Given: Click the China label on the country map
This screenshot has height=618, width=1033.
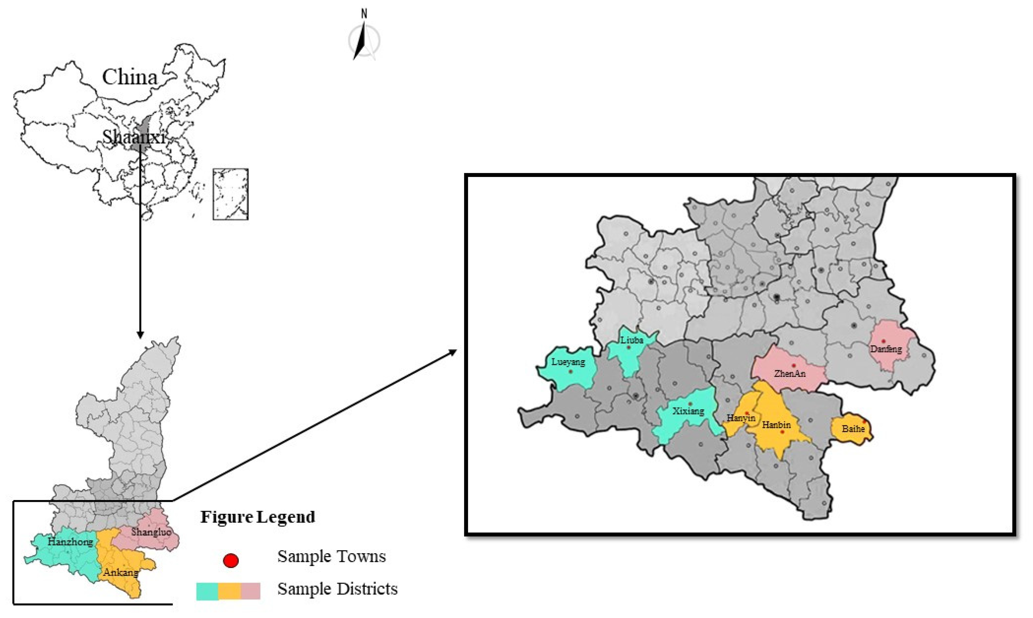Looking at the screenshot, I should point(130,77).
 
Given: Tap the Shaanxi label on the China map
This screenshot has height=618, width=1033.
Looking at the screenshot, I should point(134,137).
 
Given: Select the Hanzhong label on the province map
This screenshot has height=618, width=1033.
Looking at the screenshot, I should point(70,542).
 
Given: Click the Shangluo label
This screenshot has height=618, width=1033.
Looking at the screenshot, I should point(151,532).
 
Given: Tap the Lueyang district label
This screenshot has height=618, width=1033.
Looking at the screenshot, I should point(568,362).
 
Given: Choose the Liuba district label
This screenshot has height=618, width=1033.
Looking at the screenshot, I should point(632,340).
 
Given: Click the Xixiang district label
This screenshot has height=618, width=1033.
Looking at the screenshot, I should point(688,411).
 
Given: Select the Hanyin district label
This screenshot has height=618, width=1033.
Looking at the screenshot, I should point(741,418).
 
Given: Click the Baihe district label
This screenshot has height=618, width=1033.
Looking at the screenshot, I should point(853,428).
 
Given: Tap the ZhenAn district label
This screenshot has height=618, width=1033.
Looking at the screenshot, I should point(789,374).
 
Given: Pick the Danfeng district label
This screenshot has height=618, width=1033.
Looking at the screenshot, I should point(886,349).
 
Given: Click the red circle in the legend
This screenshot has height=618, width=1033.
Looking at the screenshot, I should point(230,560).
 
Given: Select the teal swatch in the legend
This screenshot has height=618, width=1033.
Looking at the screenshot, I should point(207,591).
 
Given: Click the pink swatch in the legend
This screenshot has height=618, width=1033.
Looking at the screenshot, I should point(250,591).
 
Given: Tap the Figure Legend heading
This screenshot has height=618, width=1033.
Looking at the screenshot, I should point(258,517).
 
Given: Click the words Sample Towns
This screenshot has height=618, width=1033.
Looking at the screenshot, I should point(332,556).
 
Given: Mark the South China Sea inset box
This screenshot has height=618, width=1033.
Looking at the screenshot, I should point(230,194).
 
